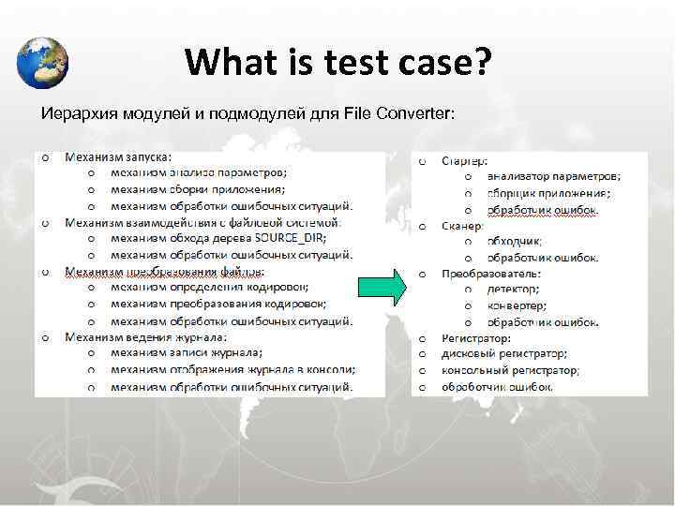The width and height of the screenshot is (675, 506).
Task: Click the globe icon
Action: tap(42, 63)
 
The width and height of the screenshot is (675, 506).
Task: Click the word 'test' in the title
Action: tap(359, 63)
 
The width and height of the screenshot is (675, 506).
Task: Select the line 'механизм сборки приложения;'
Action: tap(198, 189)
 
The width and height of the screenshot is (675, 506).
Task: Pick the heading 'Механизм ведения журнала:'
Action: tap(144, 336)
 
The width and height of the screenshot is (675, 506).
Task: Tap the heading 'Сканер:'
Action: tap(463, 226)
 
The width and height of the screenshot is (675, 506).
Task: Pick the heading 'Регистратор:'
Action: tap(476, 337)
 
